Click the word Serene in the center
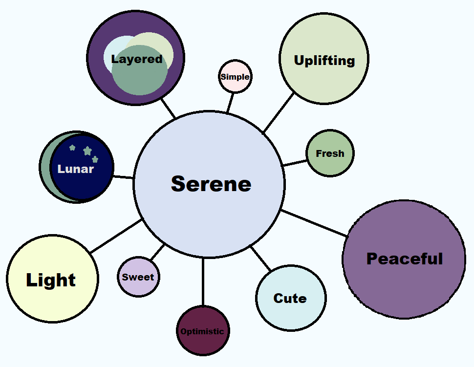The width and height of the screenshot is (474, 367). (x=211, y=184)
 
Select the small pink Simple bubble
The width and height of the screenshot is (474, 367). (x=235, y=77)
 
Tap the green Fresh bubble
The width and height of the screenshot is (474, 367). (x=330, y=153)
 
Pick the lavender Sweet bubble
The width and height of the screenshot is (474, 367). (x=138, y=277)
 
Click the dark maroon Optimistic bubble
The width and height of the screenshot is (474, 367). (x=202, y=331)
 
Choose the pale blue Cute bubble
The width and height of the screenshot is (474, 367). (x=290, y=298)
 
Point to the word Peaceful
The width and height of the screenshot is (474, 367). (x=405, y=259)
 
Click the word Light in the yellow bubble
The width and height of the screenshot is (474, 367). (x=51, y=280)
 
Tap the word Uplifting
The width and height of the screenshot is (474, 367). (x=324, y=61)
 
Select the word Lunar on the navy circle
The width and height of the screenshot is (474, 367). (x=76, y=169)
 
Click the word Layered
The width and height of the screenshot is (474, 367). (x=137, y=59)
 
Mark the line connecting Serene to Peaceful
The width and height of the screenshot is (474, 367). (x=314, y=223)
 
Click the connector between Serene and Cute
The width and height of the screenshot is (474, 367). (x=260, y=259)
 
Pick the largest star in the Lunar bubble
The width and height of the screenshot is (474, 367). (x=87, y=151)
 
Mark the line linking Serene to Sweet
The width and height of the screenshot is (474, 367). (x=158, y=252)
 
